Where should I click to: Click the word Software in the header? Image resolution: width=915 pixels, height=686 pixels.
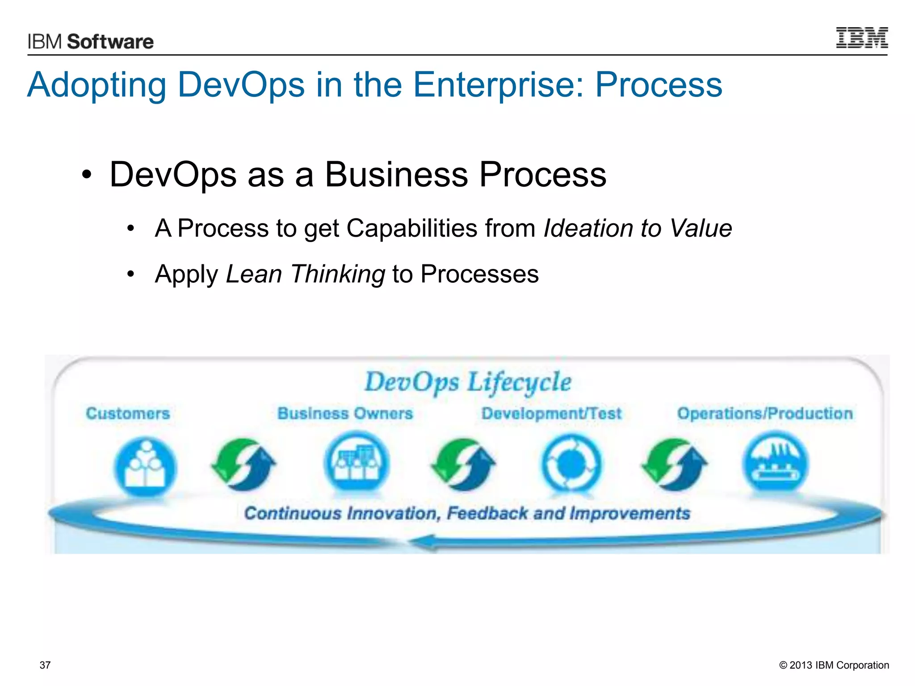pos(110,42)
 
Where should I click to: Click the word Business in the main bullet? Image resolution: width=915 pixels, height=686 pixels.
pos(396,175)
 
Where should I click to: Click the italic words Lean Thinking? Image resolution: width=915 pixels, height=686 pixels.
pos(305,274)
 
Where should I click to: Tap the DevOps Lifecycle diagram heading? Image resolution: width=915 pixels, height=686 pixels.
pos(468,382)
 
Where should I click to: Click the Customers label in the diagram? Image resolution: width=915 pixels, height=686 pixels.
pos(128,414)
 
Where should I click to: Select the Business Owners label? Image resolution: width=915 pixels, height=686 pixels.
pos(345,414)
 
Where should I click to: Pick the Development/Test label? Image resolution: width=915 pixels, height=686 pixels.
pos(551,414)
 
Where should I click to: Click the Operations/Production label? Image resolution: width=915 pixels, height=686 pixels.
pos(765,414)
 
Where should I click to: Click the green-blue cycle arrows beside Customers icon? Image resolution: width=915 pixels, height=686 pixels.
pos(244,464)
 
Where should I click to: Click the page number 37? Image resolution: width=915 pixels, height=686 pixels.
pos(45,665)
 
